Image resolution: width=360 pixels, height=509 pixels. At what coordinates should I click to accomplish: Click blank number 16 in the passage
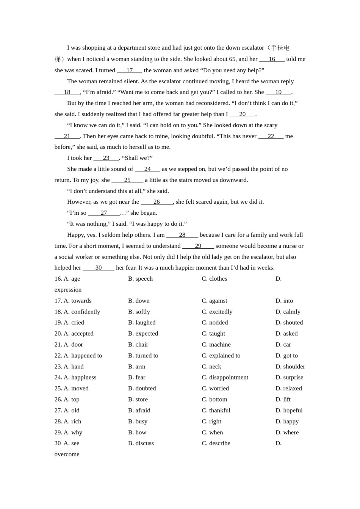coord(272,59)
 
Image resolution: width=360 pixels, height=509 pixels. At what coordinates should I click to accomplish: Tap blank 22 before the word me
coord(271,136)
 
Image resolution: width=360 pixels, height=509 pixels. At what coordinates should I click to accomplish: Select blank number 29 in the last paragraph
coord(198,246)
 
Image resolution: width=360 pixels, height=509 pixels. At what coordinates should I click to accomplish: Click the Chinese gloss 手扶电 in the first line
coord(280,48)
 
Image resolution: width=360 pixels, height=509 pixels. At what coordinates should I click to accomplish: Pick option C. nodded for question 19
coord(215,323)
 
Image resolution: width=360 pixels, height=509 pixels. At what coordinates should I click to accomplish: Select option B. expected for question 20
coord(143,334)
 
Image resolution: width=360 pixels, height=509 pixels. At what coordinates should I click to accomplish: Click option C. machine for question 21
coord(216,345)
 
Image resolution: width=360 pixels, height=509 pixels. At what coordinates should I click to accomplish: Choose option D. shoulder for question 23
coord(290,367)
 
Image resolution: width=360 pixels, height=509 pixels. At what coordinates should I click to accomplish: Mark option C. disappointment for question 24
coord(225,378)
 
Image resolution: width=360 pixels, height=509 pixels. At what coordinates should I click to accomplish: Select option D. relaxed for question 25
coord(288,389)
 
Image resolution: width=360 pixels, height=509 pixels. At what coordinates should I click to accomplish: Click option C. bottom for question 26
coord(214,400)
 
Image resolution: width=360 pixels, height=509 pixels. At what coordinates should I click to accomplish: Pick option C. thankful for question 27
coord(216,411)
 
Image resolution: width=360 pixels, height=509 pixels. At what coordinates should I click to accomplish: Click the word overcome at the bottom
coord(67,454)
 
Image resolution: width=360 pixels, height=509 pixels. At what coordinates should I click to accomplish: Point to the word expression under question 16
coord(68,290)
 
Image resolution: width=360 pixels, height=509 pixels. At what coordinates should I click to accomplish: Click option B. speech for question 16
coord(140,279)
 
